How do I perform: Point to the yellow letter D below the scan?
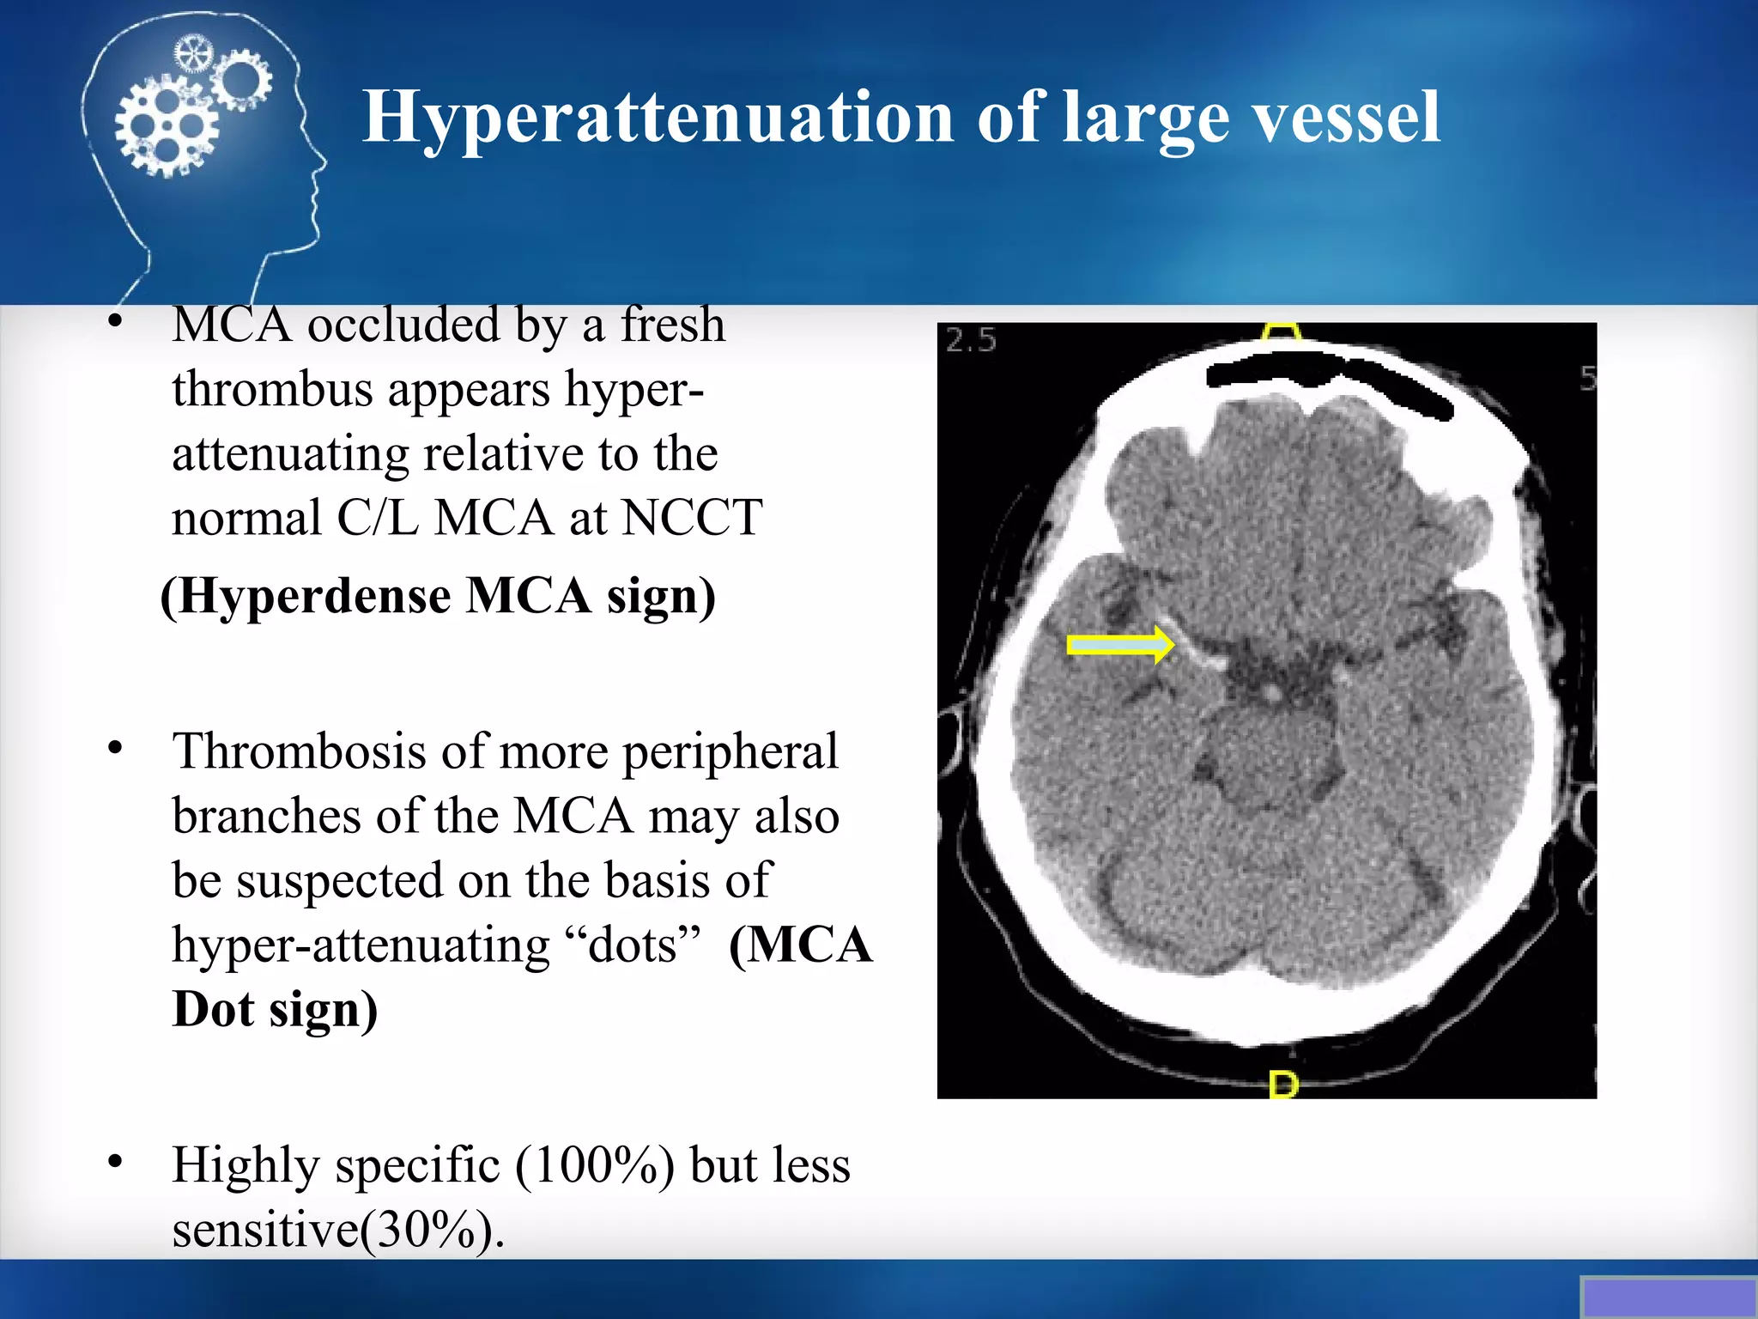coord(1283,1085)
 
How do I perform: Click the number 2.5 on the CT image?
coord(971,341)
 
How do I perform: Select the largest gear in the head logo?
coord(166,129)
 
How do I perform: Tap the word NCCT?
coord(691,518)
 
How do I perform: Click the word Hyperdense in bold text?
coord(315,596)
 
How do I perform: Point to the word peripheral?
coord(730,751)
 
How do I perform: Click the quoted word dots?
coord(633,945)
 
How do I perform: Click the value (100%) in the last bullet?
coord(594,1165)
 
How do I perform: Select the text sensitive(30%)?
coord(338,1230)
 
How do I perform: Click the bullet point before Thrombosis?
coord(116,749)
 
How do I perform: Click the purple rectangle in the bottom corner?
coord(1668,1297)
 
